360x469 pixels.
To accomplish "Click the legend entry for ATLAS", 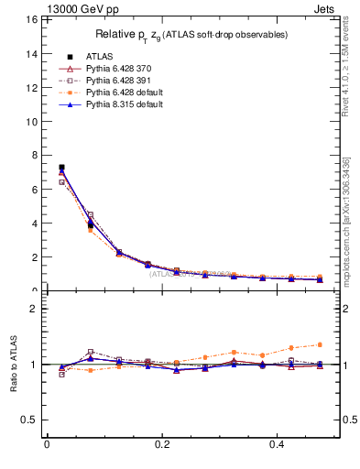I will point(100,55).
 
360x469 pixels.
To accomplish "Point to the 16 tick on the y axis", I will point(31,19).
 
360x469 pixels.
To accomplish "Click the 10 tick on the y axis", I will point(31,121).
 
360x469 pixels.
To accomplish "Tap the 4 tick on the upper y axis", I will point(34,223).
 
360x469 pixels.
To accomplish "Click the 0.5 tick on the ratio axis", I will point(28,420).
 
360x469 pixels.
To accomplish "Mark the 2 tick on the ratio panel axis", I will point(33,309).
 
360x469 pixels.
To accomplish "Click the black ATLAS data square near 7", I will point(61,168).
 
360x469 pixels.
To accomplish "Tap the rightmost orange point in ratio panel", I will point(320,344).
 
